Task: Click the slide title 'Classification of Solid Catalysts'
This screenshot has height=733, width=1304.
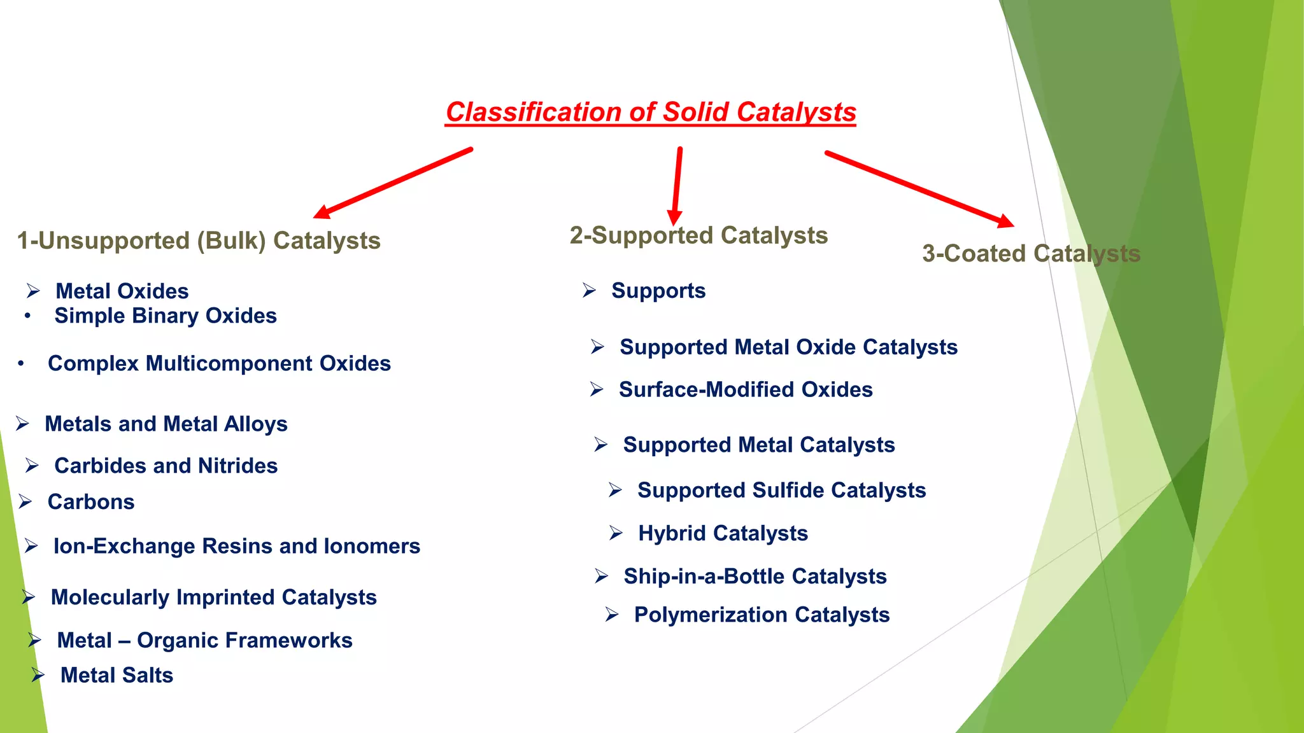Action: (650, 112)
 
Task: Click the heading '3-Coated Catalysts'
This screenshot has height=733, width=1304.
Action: (1031, 253)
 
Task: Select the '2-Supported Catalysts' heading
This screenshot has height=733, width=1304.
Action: (698, 235)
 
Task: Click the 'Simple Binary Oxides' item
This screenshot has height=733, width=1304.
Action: (166, 316)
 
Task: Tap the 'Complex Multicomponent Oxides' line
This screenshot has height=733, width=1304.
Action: (219, 363)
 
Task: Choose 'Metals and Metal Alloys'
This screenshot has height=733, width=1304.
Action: (166, 424)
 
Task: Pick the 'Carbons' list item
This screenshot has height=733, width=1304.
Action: (91, 502)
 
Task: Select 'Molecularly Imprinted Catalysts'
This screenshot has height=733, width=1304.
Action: (213, 597)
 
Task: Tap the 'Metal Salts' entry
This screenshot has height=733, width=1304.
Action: (117, 675)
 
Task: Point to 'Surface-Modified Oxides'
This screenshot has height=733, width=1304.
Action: (746, 389)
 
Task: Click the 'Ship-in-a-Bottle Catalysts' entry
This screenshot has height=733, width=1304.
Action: (755, 576)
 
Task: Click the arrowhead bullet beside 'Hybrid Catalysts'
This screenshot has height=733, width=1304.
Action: (615, 533)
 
